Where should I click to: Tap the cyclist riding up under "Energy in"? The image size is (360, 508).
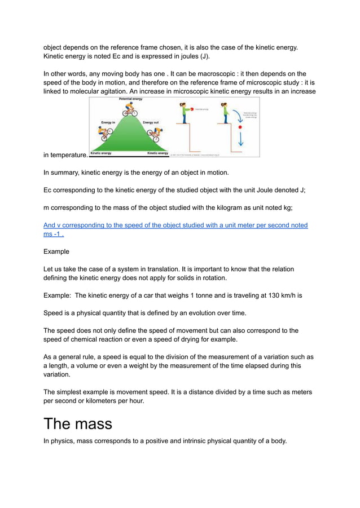pyautogui.click(x=105, y=133)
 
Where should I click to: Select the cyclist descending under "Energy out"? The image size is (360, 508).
pyautogui.click(x=153, y=134)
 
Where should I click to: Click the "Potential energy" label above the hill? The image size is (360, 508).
pyautogui.click(x=130, y=99)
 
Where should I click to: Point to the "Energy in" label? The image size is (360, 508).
pyautogui.click(x=108, y=122)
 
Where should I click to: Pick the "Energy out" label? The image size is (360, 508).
pyautogui.click(x=150, y=122)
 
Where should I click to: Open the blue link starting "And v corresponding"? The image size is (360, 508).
pyautogui.click(x=175, y=226)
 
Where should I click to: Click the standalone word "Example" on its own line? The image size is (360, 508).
pyautogui.click(x=56, y=251)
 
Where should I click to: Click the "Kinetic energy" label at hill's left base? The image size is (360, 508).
pyautogui.click(x=102, y=153)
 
